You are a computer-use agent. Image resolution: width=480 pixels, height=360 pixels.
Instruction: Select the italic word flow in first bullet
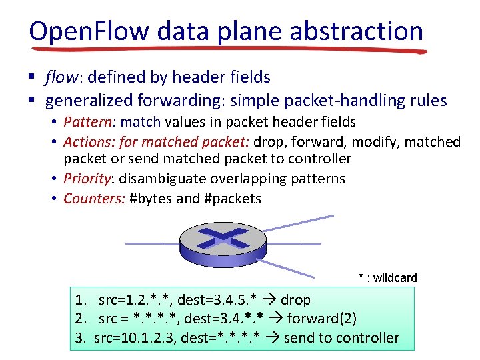point(60,78)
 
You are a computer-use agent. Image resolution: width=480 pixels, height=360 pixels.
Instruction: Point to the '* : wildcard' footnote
point(388,278)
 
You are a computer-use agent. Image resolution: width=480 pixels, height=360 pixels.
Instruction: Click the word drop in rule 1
point(295,300)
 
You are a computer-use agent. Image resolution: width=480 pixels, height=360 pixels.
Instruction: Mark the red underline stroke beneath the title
point(227,49)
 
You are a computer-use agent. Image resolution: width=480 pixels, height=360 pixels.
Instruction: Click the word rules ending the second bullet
point(429,101)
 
